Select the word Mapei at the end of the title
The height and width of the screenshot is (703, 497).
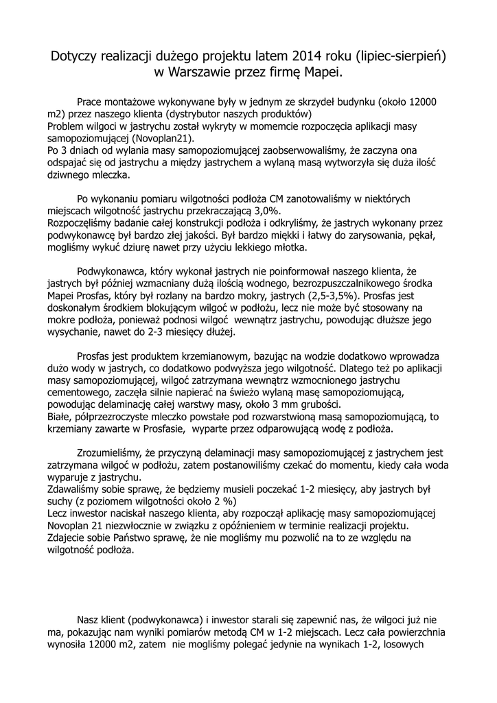[x=321, y=72]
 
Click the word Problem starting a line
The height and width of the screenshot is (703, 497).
[x=67, y=126]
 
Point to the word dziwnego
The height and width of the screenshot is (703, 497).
[x=72, y=174]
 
